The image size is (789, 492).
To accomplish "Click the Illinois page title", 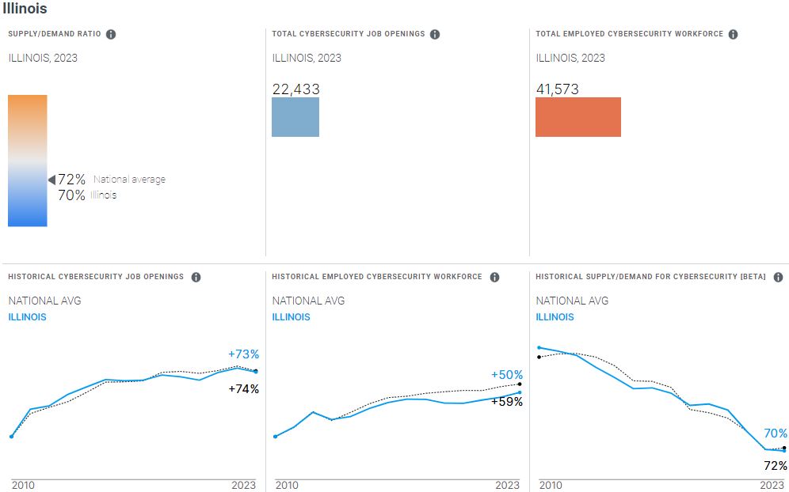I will (25, 9).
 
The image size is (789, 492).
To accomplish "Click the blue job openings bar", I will (295, 117).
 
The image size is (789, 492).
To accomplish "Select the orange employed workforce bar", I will (578, 117).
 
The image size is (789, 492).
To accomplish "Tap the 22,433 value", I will (295, 89).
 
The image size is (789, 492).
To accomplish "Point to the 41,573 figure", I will (558, 89).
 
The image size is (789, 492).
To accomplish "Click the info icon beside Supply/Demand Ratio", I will (111, 35).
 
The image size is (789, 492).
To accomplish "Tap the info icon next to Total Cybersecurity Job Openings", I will (435, 35).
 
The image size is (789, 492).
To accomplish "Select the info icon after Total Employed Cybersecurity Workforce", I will (733, 35).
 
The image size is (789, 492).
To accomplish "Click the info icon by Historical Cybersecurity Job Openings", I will (196, 277).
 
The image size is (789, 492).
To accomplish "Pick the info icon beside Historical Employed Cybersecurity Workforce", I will (494, 277).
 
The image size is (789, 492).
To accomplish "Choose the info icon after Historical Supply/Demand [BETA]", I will (778, 277).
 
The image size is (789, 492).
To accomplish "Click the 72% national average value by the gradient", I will (71, 180).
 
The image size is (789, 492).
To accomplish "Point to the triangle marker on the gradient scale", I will (51, 180).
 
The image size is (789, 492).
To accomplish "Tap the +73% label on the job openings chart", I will (243, 354).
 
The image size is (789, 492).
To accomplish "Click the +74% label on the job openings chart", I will (243, 388).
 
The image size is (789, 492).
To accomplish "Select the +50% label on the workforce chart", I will (507, 375).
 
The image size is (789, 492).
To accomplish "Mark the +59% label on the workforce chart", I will (507, 401).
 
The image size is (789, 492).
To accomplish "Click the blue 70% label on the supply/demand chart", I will (776, 433).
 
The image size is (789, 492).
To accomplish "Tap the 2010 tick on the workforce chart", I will (288, 485).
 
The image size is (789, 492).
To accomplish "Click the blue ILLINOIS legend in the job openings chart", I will (27, 317).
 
